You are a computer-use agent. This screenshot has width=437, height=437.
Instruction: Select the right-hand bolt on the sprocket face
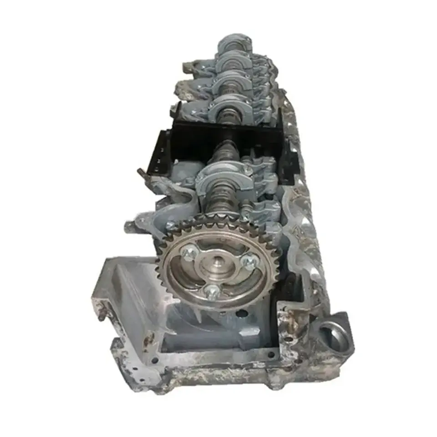point(249,261)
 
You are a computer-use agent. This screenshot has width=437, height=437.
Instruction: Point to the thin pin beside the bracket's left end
point(142,173)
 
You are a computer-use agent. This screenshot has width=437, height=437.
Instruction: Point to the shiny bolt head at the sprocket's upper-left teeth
point(170,226)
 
